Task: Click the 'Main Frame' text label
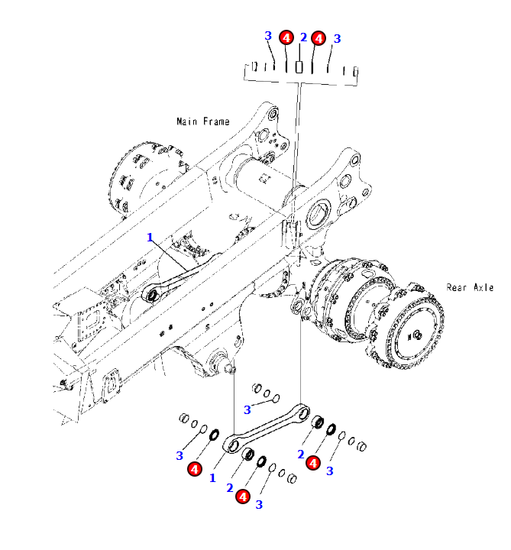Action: pos(202,121)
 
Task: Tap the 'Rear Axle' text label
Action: pos(470,287)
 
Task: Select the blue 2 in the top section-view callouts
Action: pos(303,37)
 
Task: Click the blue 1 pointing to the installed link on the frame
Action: pos(150,238)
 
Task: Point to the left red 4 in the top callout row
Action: pos(286,37)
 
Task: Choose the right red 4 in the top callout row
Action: pos(319,37)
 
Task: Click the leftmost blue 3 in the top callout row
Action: pos(268,36)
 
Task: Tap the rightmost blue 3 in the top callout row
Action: pos(337,38)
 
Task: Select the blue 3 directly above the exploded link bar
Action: pos(247,409)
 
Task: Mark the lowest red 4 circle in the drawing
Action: pos(243,497)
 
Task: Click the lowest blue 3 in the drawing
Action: pos(259,505)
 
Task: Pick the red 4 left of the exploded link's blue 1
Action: pos(195,468)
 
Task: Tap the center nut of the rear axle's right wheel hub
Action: pos(418,334)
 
